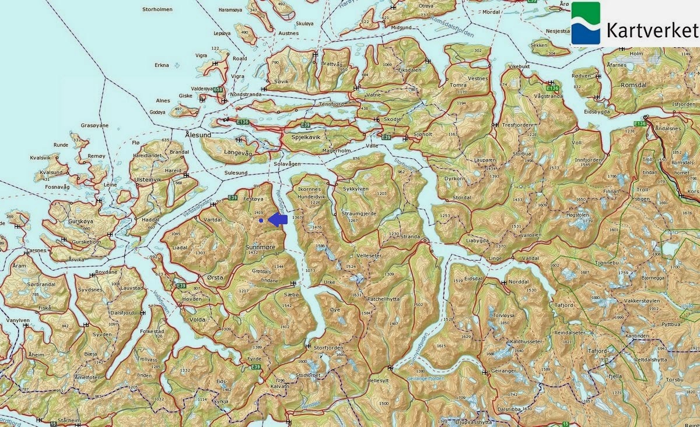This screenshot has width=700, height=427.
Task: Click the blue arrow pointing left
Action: click(x=278, y=219)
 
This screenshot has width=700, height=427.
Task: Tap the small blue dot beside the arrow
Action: click(x=261, y=220)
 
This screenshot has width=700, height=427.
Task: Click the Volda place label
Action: click(x=197, y=319)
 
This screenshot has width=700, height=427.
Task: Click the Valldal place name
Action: click(x=530, y=257)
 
